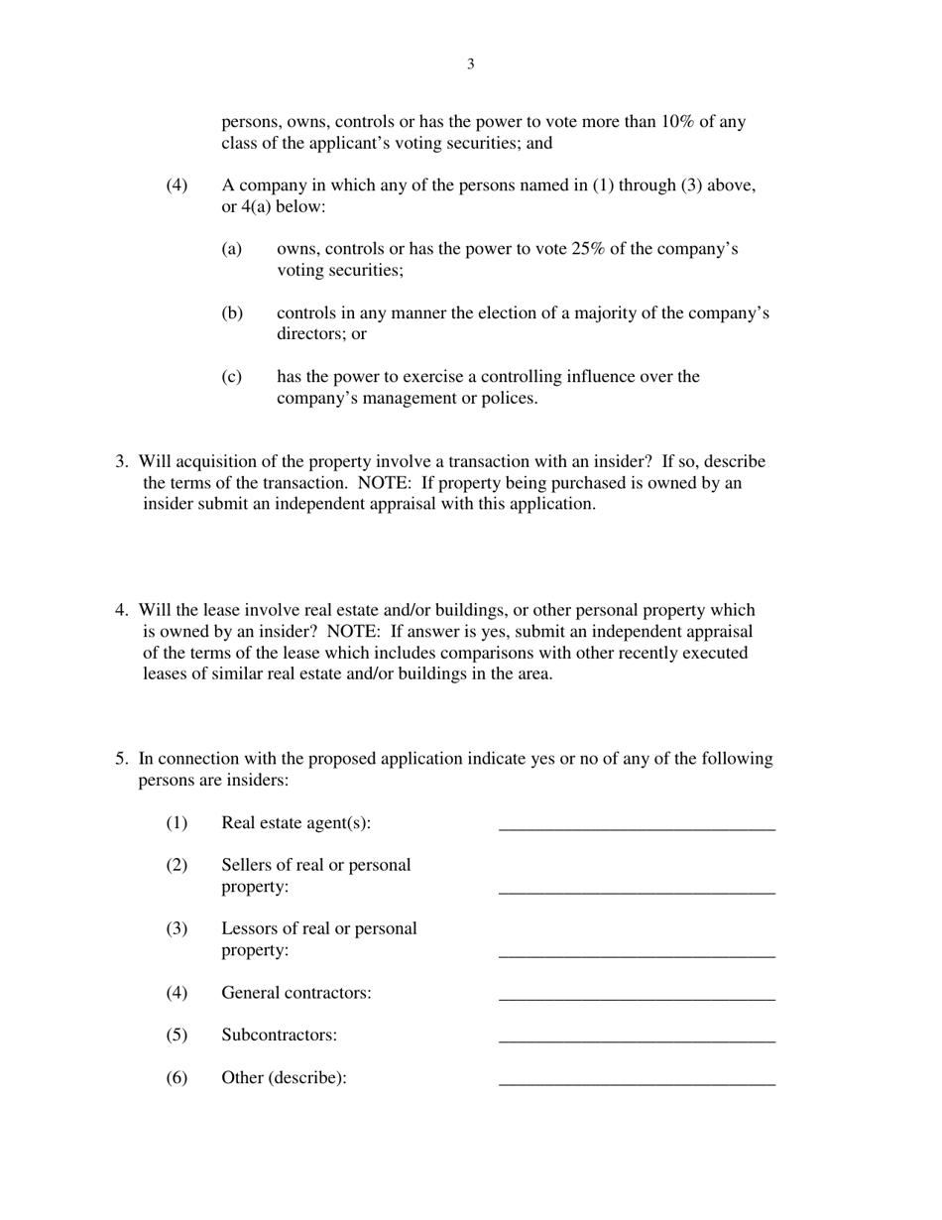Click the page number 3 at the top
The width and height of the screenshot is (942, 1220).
tap(470, 64)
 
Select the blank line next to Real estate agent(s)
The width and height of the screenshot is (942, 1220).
tap(637, 824)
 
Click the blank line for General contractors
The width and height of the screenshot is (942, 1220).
tap(637, 995)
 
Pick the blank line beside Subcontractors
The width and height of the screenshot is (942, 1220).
tap(637, 1037)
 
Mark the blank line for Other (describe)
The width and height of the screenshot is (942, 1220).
tap(637, 1080)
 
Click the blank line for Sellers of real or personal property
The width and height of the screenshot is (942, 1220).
tap(637, 889)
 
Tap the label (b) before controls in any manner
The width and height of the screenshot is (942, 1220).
tap(232, 313)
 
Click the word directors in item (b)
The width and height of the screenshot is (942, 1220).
tap(308, 334)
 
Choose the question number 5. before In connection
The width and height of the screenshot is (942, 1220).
tap(121, 759)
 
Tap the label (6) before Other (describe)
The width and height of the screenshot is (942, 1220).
tap(177, 1078)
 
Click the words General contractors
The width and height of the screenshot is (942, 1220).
tap(295, 993)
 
